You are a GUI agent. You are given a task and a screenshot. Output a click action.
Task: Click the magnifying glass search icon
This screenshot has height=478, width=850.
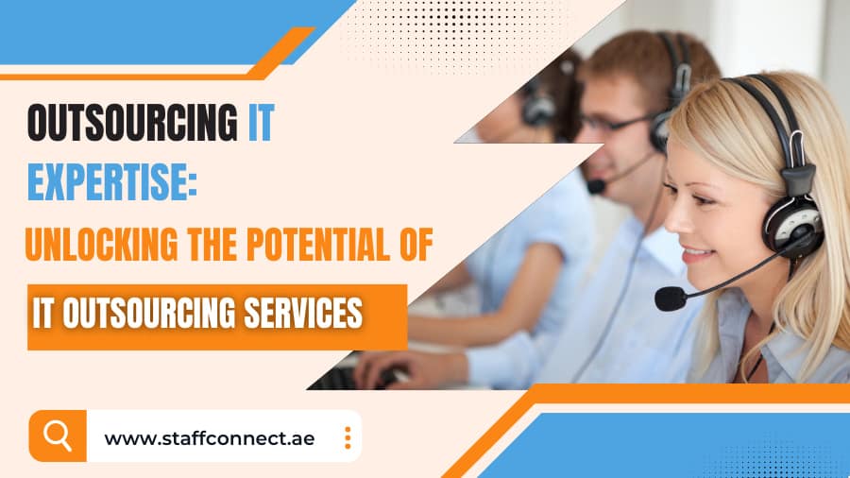click(58, 435)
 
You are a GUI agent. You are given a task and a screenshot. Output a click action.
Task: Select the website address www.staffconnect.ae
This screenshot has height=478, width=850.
click(209, 438)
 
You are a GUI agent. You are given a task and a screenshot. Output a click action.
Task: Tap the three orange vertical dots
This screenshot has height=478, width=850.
click(348, 437)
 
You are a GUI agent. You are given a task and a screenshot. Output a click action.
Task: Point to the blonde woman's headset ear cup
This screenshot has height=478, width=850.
click(790, 223)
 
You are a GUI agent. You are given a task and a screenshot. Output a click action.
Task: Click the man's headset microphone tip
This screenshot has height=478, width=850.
click(596, 186)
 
